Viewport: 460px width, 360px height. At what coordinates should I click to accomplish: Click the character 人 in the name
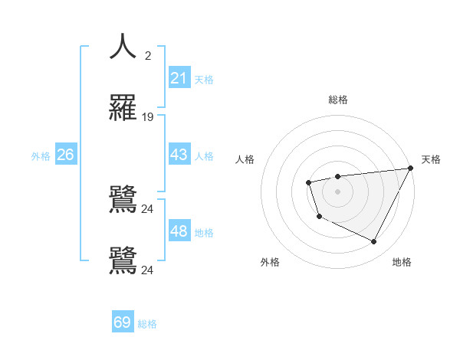123,47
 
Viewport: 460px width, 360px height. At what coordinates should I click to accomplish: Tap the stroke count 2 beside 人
148,55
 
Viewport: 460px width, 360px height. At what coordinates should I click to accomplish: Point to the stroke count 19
148,117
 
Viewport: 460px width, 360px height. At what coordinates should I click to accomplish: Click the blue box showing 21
179,78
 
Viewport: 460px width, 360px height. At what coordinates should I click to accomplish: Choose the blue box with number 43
179,155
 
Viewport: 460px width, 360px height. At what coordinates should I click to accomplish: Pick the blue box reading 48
179,231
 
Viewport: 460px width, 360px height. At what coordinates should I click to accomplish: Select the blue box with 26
65,155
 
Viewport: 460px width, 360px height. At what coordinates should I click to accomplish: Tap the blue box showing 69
123,322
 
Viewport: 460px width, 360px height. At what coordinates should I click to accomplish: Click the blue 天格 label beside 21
204,79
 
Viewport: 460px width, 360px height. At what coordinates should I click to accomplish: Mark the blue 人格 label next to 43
204,155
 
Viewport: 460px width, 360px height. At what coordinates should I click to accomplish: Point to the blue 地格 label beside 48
204,232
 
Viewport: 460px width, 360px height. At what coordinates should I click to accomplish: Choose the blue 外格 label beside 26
41,155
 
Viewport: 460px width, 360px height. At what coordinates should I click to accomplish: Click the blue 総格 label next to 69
147,323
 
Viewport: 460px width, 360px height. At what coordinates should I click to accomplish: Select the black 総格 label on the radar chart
337,100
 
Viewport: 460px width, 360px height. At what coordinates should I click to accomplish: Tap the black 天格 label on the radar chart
432,159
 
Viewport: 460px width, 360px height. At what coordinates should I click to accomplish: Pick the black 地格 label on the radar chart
402,262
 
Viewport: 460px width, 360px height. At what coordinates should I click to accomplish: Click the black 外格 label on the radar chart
270,262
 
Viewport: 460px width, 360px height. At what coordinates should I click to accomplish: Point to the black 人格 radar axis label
245,159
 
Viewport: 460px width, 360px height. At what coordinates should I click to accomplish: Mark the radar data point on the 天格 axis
410,168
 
